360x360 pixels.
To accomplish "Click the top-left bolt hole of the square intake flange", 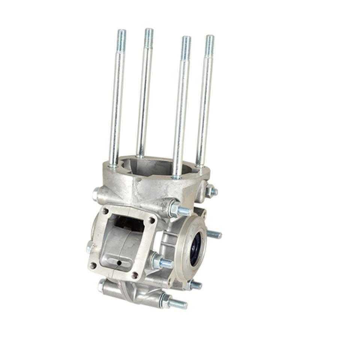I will pos(105,211).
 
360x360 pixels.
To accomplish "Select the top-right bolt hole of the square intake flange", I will pos(151,220).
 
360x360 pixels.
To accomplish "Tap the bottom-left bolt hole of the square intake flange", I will pos(93,265).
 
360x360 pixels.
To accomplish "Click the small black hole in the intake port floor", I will pos(119,263).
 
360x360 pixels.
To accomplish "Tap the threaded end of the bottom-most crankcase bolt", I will pos(178,304).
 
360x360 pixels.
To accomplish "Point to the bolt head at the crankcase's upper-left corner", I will pos(96,194).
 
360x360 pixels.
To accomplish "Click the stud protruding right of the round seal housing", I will pos(214,234).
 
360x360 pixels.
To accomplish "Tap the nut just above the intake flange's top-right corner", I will pos(174,209).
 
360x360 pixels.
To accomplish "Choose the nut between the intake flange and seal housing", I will pos(157,261).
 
